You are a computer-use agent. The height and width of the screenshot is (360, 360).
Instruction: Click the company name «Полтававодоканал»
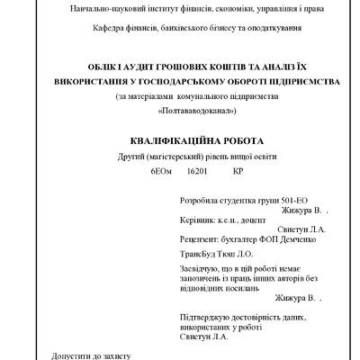click(x=197, y=111)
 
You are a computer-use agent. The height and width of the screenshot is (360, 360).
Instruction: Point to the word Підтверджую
click(x=208, y=319)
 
